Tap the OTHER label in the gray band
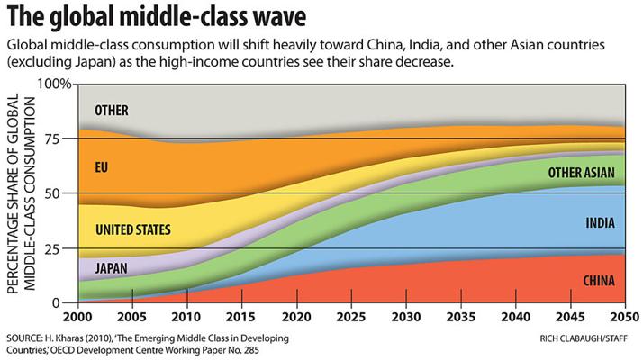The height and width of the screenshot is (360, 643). click(x=112, y=112)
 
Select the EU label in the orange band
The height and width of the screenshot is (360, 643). click(x=101, y=166)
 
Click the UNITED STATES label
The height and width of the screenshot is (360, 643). click(x=132, y=230)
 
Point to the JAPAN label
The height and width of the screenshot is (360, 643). click(x=111, y=268)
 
